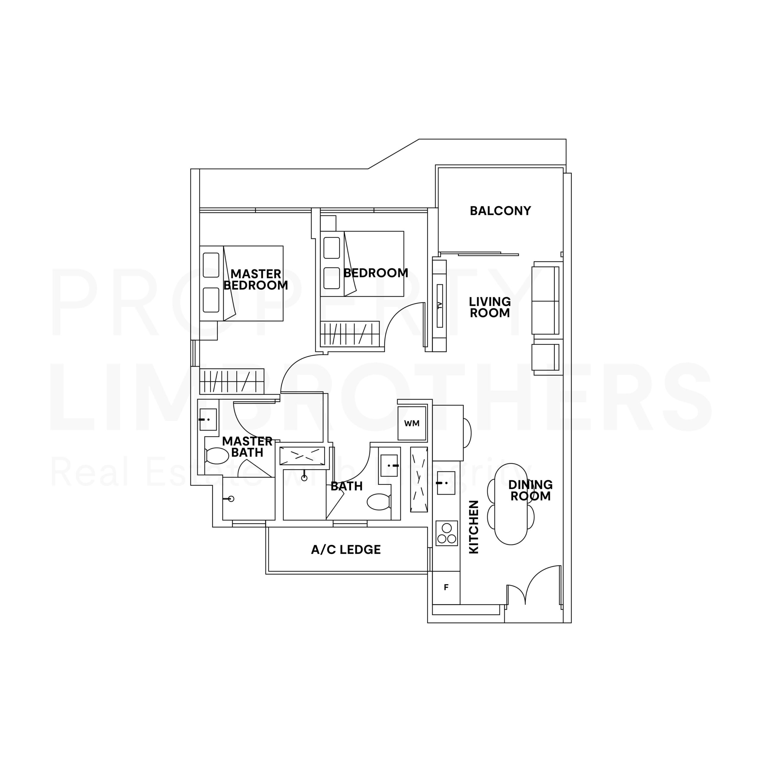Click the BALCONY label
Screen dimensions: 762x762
tap(500, 211)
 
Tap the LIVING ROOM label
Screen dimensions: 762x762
tap(489, 307)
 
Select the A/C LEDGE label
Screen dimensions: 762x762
tap(346, 550)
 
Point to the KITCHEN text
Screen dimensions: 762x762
tap(473, 527)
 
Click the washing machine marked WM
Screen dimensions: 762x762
tap(412, 423)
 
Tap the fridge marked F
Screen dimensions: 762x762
tap(446, 587)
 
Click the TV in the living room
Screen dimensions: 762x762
tap(440, 305)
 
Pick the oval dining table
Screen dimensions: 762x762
tap(511, 504)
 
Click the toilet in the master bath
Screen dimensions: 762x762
tap(216, 456)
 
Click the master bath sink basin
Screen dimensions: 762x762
tap(207, 419)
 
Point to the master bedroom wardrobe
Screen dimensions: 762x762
tap(232, 381)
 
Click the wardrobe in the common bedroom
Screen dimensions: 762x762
tap(349, 334)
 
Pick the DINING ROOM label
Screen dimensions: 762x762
tap(530, 490)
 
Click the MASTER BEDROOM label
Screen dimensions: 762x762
tap(256, 279)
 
